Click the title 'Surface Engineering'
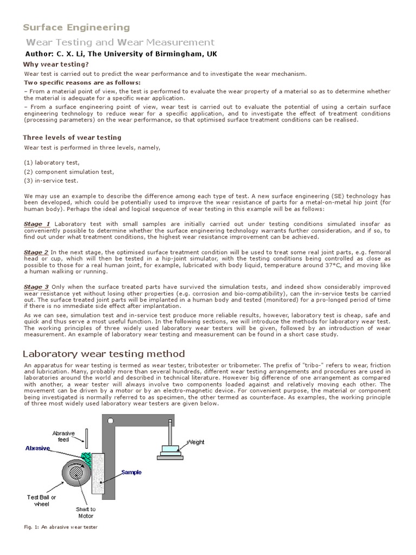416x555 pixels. point(76,27)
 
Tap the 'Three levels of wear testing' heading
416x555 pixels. point(72,138)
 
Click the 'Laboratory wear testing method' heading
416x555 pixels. point(103,354)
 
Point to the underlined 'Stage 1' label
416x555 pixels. point(37,224)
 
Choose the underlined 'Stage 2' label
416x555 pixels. point(36,252)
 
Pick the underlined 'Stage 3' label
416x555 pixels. point(36,287)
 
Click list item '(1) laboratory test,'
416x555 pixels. point(52,163)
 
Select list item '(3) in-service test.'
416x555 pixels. point(51,180)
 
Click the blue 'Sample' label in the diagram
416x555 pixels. point(131,473)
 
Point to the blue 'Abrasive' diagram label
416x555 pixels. point(37,448)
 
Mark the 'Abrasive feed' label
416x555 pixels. point(60,436)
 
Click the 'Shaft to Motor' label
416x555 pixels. point(86,513)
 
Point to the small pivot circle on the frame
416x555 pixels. point(112,421)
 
